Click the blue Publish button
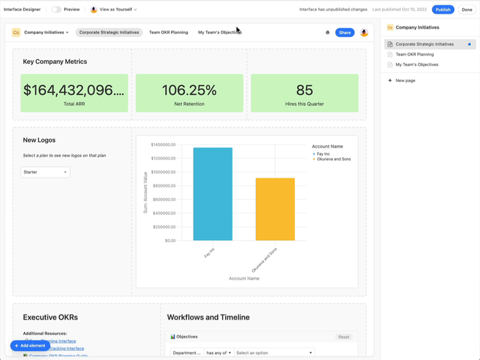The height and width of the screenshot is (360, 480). click(x=443, y=10)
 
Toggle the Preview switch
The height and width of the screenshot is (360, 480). click(x=56, y=10)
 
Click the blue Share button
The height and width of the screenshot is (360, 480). click(x=345, y=33)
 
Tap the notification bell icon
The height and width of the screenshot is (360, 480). click(x=328, y=33)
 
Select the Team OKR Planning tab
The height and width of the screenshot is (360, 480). click(x=168, y=32)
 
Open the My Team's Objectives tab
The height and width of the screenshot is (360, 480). click(x=220, y=32)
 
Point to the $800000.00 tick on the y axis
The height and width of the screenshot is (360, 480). click(x=162, y=186)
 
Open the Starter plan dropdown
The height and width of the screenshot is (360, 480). click(x=45, y=172)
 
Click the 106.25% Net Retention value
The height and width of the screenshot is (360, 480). click(x=189, y=90)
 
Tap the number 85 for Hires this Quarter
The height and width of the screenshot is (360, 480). click(x=305, y=90)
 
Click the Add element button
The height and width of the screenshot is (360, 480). click(x=30, y=345)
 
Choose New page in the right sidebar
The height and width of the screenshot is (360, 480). click(x=405, y=81)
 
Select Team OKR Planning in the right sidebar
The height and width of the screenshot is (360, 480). click(x=414, y=54)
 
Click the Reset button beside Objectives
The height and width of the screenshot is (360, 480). click(x=344, y=337)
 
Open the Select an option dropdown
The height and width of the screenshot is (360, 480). click(x=275, y=353)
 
